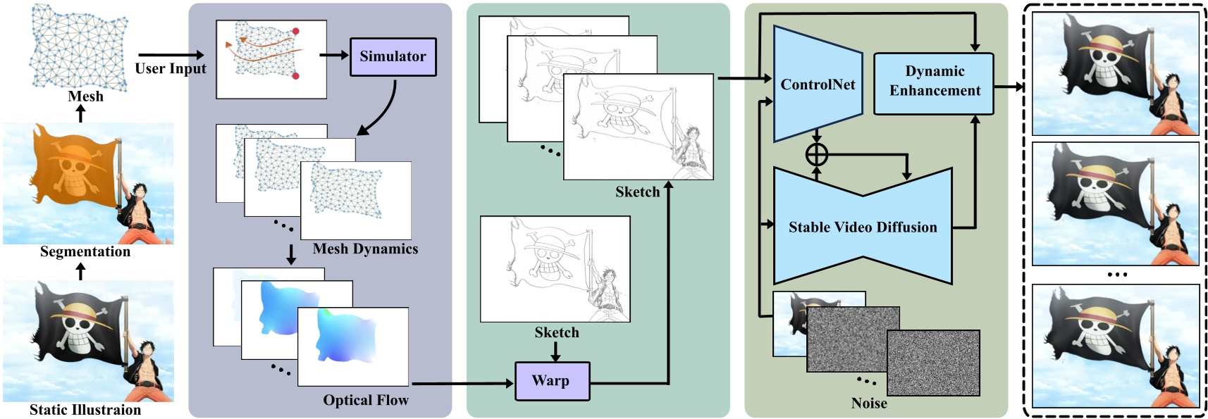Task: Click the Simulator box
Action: coord(393,57)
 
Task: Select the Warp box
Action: coord(552,381)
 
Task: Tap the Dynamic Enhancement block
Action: coord(934,82)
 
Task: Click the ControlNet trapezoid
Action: coord(818,85)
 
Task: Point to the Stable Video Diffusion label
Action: coord(863,227)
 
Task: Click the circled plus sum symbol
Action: coord(816,154)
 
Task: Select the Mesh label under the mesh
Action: coord(85,96)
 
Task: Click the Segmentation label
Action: coord(85,252)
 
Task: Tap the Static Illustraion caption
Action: coord(85,410)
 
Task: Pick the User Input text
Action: coord(171,69)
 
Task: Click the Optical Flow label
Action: coord(366,401)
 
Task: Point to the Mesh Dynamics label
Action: coord(365,249)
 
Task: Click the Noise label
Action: coord(869,404)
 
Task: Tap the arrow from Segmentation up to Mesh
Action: coord(81,113)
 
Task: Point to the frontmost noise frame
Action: coord(933,363)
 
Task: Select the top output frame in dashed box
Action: coord(1115,73)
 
